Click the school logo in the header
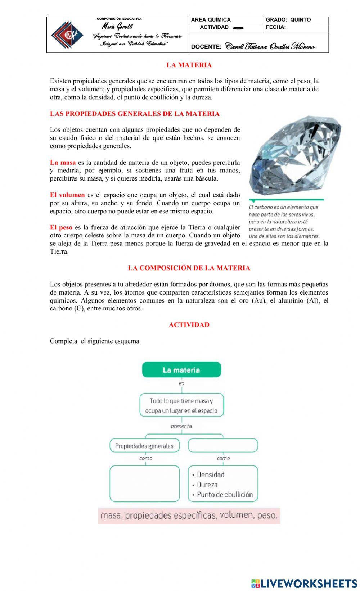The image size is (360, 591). click(x=67, y=35)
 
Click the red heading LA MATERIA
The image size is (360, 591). click(x=189, y=65)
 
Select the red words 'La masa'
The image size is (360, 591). click(x=63, y=162)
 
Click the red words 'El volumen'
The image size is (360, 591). click(x=67, y=195)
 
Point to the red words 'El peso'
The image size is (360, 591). click(x=61, y=227)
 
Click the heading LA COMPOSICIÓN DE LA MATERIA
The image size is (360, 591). click(x=189, y=268)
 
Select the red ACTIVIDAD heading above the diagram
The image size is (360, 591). click(x=189, y=325)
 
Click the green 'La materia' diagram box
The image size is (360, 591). click(x=181, y=370)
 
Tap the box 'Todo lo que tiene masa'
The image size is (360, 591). click(x=181, y=405)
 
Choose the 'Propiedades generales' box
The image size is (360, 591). click(x=144, y=446)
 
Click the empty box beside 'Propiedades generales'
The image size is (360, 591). click(x=223, y=446)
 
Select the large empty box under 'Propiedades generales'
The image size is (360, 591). click(x=144, y=483)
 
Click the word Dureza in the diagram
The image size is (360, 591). click(x=207, y=485)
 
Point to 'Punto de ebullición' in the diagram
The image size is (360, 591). click(x=225, y=495)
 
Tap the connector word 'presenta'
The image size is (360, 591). click(x=181, y=426)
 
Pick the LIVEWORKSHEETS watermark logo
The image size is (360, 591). click(x=304, y=583)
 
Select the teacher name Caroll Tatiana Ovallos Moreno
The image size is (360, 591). click(x=270, y=47)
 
